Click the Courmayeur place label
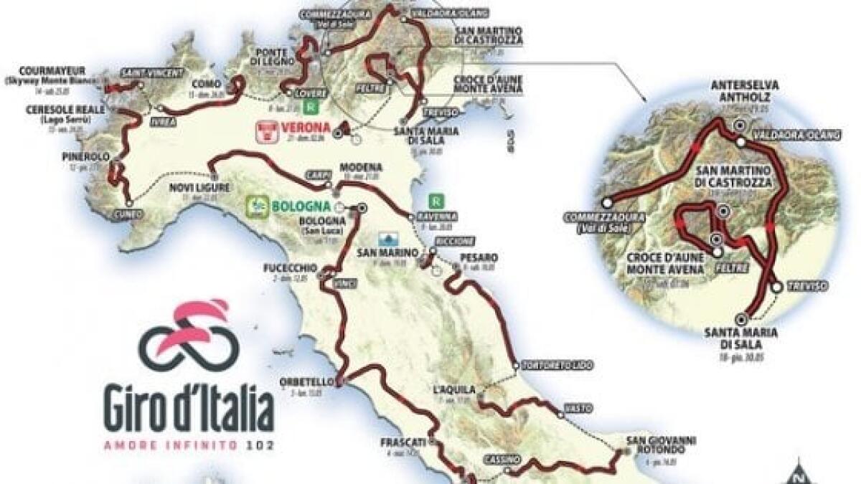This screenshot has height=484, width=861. [54, 70]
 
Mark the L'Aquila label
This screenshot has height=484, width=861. [454, 389]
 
